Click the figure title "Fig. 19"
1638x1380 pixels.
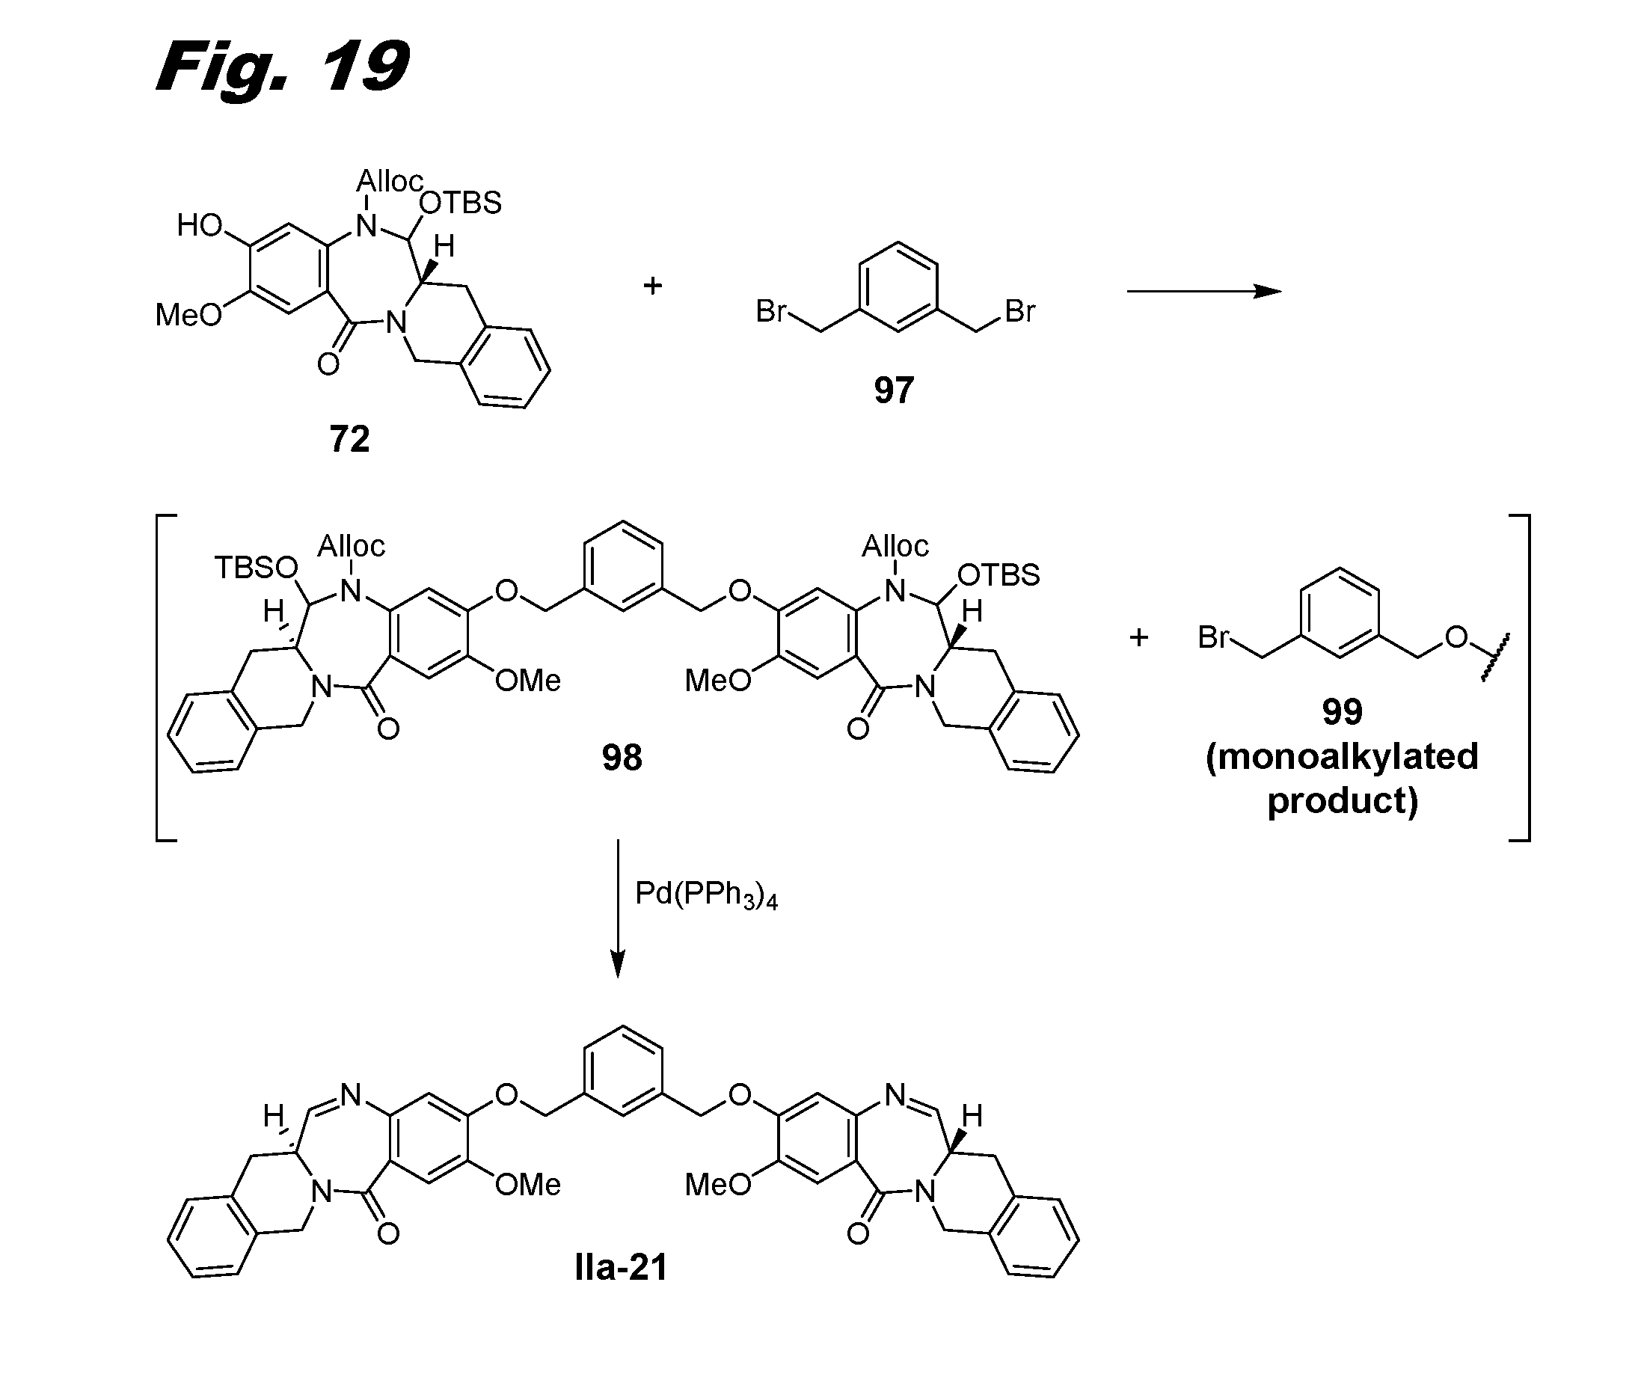[283, 68]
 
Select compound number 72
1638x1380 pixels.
[349, 439]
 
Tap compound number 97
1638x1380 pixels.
[893, 390]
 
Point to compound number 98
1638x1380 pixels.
[622, 757]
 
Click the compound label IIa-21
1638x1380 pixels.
[621, 1267]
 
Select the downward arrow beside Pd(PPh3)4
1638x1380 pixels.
[618, 907]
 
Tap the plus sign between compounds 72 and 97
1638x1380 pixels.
[652, 286]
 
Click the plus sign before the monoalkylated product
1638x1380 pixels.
[1138, 637]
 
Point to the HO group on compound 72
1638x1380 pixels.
[200, 225]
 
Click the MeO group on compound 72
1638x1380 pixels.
[188, 316]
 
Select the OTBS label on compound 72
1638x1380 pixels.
[461, 203]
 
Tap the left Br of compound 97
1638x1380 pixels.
[770, 311]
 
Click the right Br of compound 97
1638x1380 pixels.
[1019, 311]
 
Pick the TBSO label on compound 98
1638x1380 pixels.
[257, 568]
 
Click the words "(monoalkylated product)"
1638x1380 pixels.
[1342, 779]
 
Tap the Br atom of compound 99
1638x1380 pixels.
[1213, 637]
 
